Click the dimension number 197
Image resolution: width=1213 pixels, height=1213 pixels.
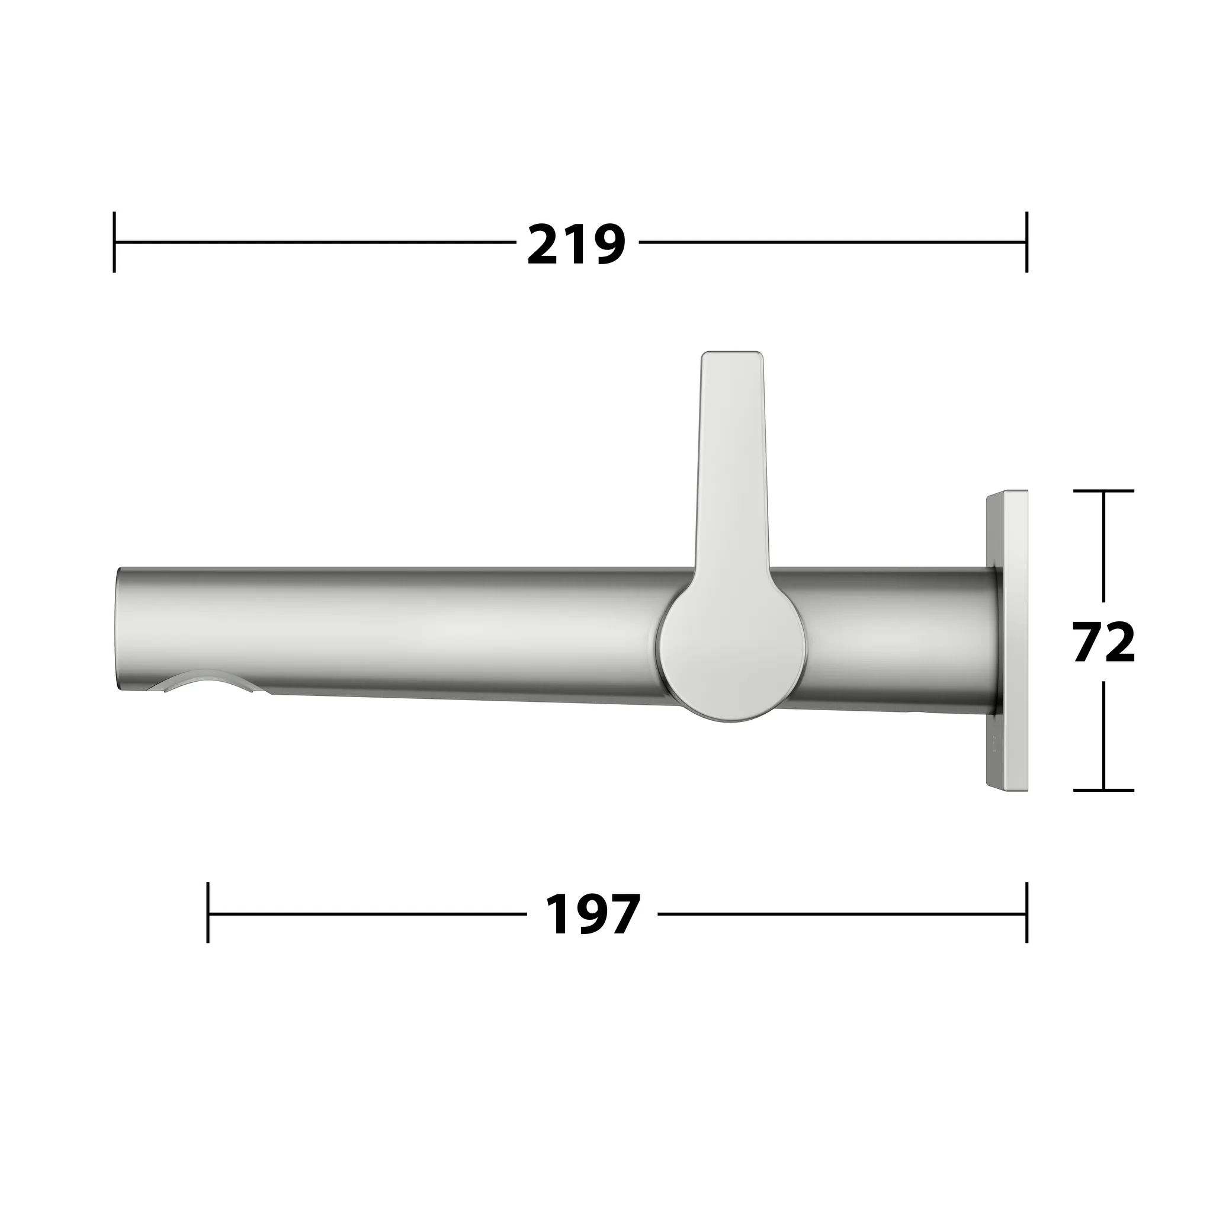[593, 914]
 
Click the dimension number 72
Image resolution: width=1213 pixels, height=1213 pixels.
[1104, 641]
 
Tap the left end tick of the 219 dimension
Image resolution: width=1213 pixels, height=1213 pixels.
[114, 242]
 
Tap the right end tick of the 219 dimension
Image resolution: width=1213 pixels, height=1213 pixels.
[1026, 242]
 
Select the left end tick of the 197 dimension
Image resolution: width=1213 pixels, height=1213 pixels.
[208, 913]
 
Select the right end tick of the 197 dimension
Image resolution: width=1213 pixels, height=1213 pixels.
[1026, 913]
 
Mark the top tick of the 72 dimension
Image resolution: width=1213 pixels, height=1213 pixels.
[1104, 491]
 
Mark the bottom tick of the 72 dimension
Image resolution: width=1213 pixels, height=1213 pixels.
[1104, 791]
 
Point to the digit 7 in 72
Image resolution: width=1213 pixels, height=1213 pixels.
[1089, 641]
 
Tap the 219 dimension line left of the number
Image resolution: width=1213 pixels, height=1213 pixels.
[314, 242]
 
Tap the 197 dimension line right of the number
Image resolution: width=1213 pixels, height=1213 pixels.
[841, 913]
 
